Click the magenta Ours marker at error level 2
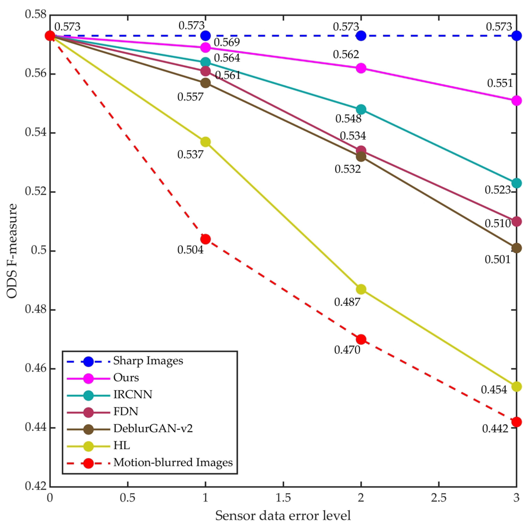pos(361,68)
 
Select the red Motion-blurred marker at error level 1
pos(205,239)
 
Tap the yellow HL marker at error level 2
pos(361,289)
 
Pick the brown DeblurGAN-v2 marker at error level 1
pos(205,83)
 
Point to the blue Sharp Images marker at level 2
pos(361,36)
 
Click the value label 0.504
pos(190,250)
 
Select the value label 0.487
pos(347,302)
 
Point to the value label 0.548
pos(348,119)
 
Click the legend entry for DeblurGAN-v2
pos(153,428)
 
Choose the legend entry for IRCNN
pos(133,394)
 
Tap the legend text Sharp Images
pos(148,361)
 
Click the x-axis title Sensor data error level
pos(283,516)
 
